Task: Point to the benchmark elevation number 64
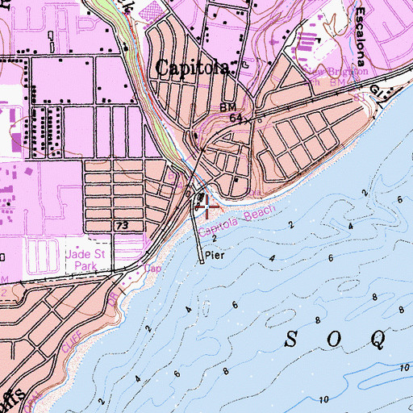[235, 118]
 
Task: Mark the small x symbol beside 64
[248, 120]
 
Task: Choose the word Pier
[214, 255]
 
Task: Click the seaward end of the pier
[202, 261]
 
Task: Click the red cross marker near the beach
[206, 206]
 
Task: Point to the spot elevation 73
[122, 225]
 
